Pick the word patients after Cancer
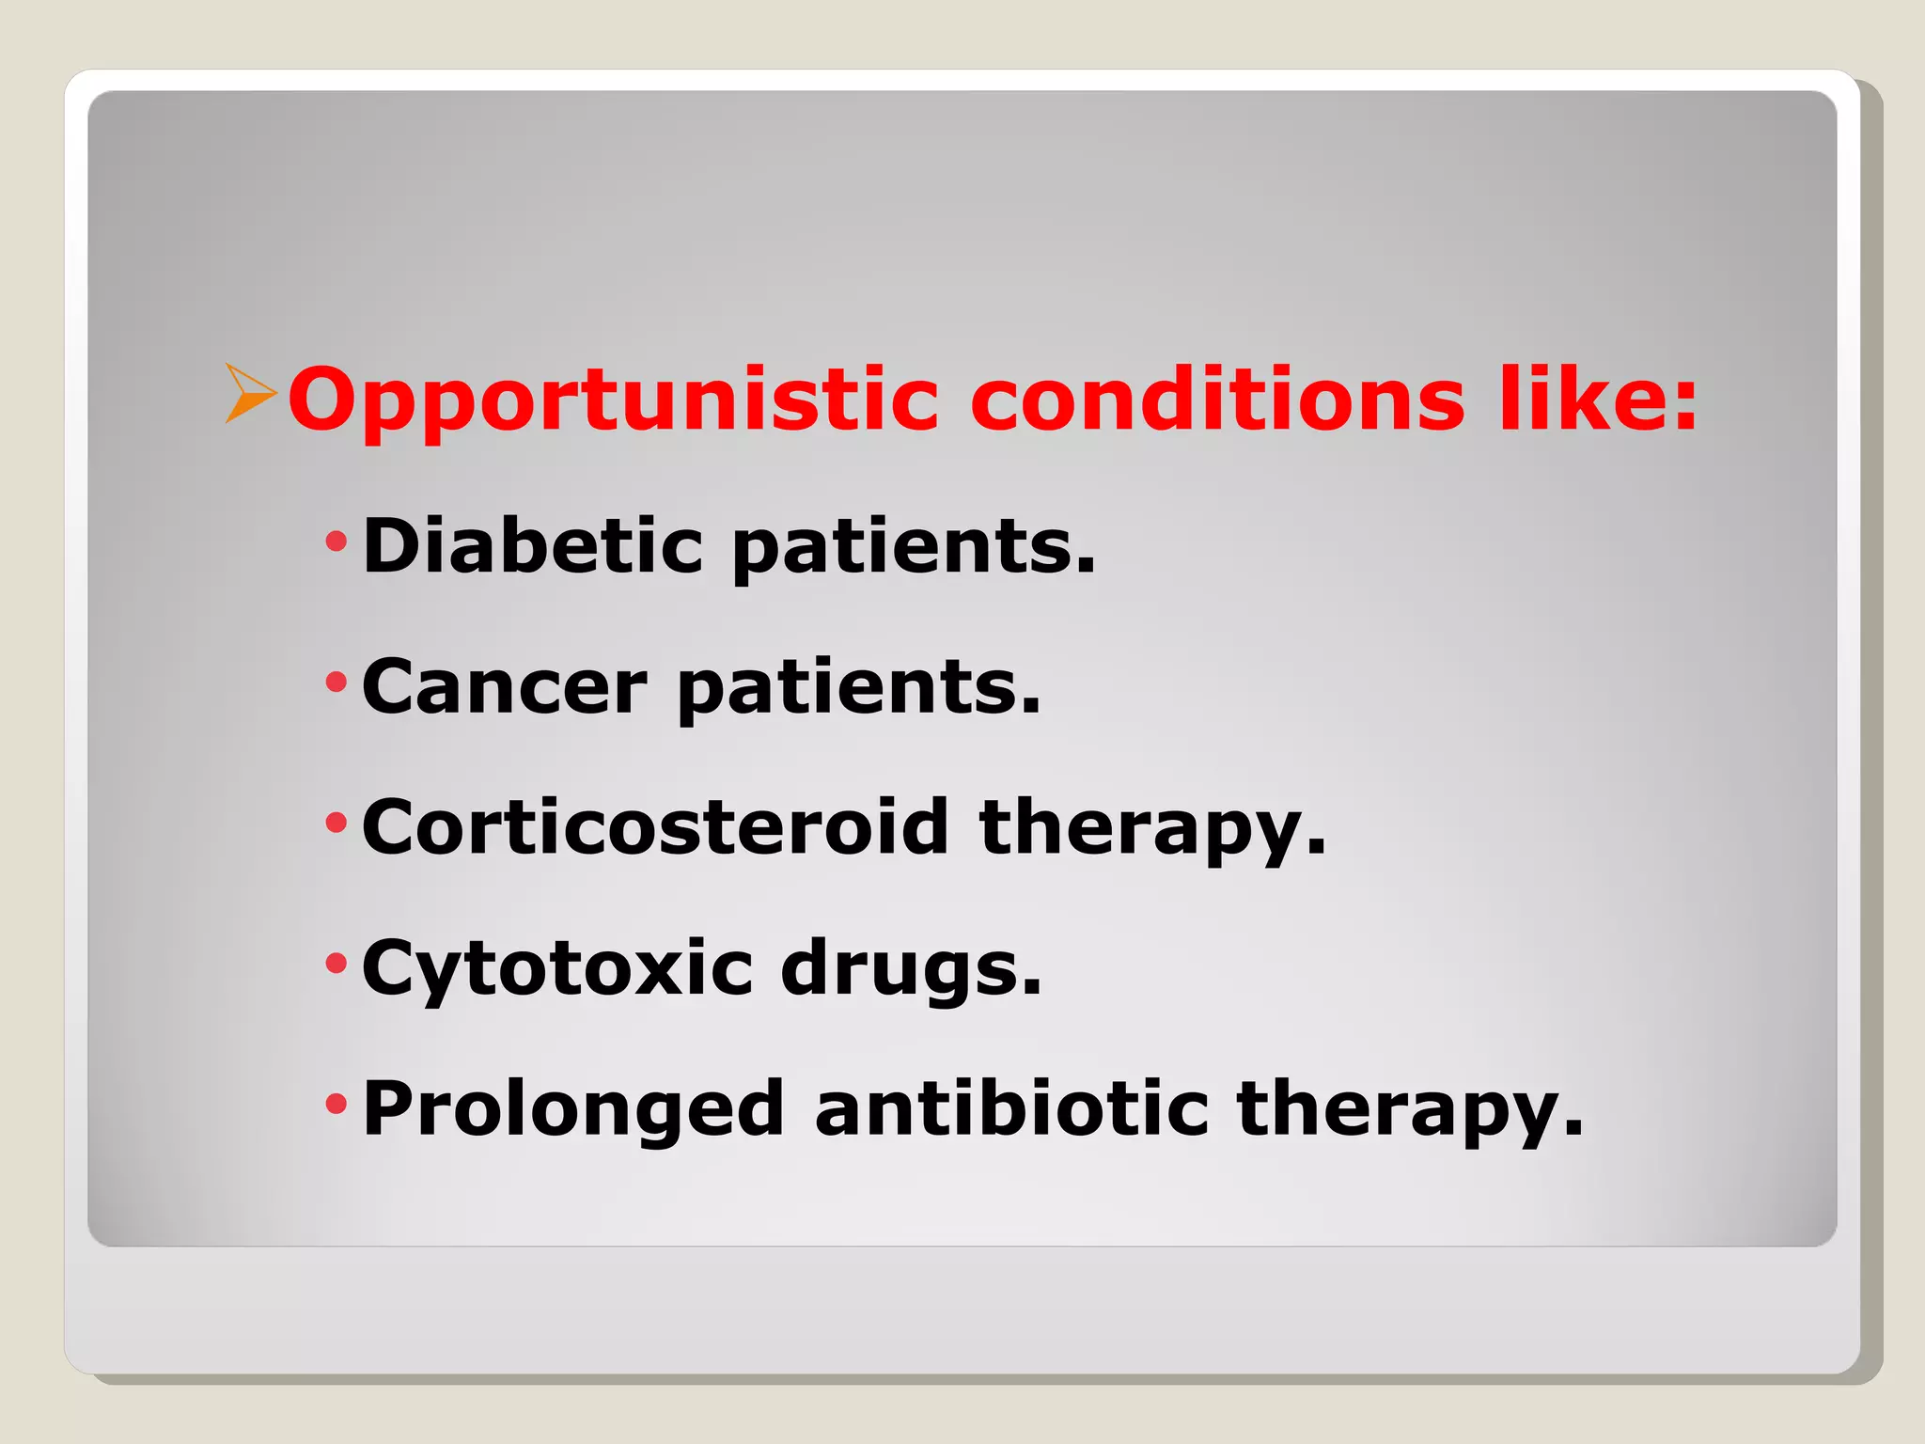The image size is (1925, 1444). [x=858, y=690]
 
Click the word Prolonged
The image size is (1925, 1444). [x=573, y=1110]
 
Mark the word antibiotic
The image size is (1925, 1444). [x=1011, y=1108]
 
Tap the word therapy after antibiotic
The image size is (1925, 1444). [x=1410, y=1112]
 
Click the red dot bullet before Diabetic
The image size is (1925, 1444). [x=336, y=541]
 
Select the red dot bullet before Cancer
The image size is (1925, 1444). [x=336, y=682]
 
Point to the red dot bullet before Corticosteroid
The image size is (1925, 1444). [x=336, y=824]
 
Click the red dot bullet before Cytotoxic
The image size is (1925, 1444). [x=336, y=964]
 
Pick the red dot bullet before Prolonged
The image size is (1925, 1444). [x=336, y=1104]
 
